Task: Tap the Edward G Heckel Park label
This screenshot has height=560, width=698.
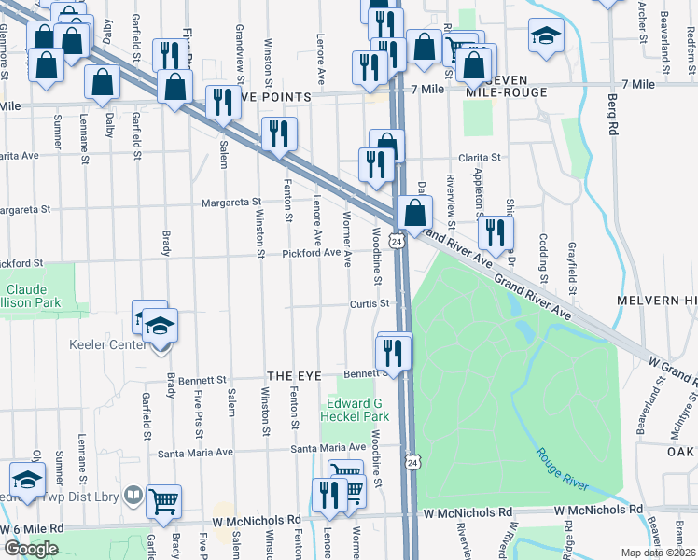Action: (x=354, y=410)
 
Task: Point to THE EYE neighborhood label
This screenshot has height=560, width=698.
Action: (x=294, y=375)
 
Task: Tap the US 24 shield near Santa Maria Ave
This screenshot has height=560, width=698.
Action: (x=412, y=462)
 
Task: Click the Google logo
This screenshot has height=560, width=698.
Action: (x=31, y=548)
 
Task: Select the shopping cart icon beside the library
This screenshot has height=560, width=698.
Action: (x=164, y=500)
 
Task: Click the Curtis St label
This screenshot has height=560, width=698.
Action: (x=370, y=303)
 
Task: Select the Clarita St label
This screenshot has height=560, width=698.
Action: (x=479, y=158)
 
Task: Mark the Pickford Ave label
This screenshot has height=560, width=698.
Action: (x=312, y=252)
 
